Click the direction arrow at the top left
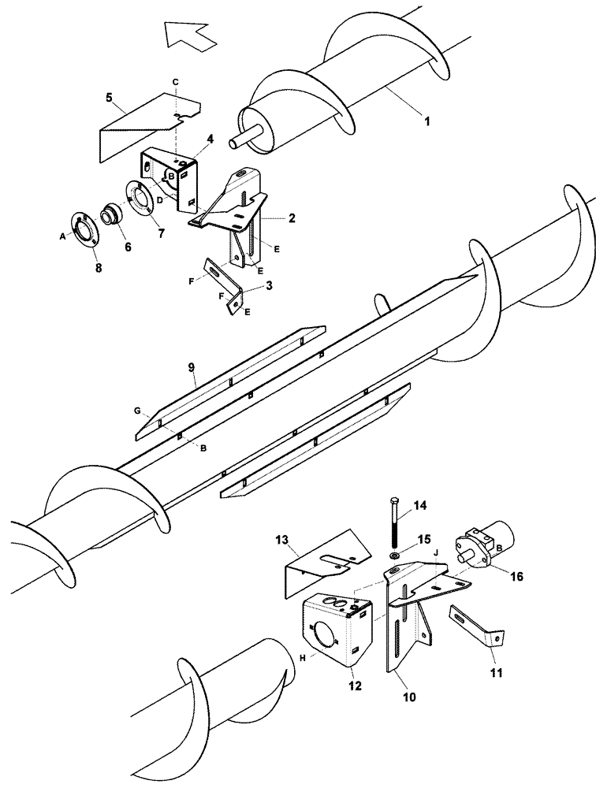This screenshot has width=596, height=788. point(190,35)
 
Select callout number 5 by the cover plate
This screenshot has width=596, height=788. point(109,98)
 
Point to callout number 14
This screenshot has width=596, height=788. point(419,504)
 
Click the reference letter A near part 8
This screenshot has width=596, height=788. point(62,234)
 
